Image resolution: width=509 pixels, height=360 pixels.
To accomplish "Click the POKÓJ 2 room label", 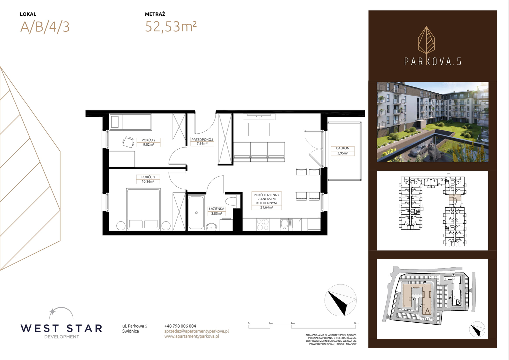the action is tap(148, 140).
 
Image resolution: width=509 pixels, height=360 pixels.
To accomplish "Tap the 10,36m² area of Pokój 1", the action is tap(148, 181).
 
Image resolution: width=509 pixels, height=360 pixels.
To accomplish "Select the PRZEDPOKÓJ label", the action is tap(202, 139).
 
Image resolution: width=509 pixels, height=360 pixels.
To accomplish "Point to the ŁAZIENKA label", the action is tap(217, 209).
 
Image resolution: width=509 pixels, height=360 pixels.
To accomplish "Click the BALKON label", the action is tap(343, 148).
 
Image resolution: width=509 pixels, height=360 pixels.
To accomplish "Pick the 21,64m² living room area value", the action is tap(266, 207).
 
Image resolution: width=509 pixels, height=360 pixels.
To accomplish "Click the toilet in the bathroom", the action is tap(233, 201).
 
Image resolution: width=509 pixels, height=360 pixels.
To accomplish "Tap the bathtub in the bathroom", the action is tap(196, 212).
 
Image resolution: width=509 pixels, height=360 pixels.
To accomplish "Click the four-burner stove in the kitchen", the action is tap(263, 225).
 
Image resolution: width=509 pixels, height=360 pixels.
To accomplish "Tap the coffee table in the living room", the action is tap(259, 129).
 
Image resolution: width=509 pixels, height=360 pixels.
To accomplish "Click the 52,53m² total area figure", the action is tap(171, 27).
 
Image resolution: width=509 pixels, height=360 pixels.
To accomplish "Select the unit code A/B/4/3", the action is tap(45, 27).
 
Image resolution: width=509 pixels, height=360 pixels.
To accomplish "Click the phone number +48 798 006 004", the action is tap(180, 326).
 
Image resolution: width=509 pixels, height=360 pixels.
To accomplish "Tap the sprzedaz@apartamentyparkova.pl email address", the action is tap(197, 331).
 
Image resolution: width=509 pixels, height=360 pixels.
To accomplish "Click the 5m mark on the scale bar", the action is tap(356, 323).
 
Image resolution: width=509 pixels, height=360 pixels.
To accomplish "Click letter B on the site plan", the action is tap(458, 302).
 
